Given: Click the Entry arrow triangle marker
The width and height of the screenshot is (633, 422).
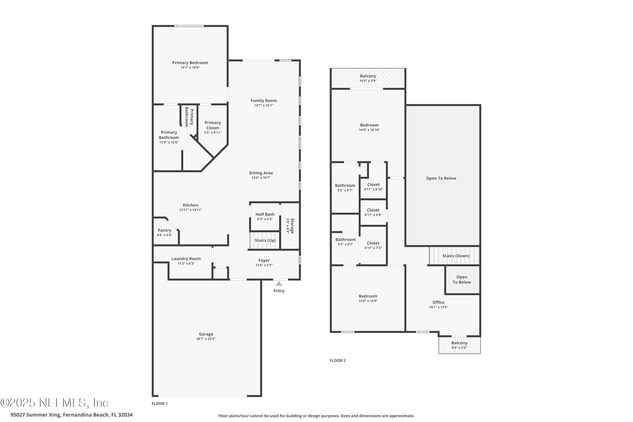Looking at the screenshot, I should click(279, 283).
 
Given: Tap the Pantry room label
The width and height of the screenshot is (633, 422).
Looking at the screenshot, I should click(164, 230).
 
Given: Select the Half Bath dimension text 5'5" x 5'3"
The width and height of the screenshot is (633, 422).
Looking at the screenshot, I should click(265, 219).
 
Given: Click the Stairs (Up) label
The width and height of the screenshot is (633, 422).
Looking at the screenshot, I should click(265, 240).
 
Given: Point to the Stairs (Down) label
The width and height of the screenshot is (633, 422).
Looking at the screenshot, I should click(456, 256).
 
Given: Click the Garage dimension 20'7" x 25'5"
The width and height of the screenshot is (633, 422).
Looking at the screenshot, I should click(206, 339).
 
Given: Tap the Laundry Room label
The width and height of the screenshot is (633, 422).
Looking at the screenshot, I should click(186, 259).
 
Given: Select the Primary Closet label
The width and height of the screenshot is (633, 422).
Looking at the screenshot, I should click(213, 125).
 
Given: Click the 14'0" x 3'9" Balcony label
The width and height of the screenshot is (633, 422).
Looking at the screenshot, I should click(368, 76).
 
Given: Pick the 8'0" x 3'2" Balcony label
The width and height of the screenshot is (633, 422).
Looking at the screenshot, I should click(459, 343).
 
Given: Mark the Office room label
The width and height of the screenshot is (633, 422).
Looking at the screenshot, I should click(438, 302).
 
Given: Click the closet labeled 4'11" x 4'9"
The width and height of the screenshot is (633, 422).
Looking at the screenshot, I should click(373, 210).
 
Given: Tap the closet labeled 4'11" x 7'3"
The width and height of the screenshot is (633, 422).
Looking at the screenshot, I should click(373, 243).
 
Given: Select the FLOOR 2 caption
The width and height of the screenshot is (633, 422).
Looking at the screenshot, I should click(337, 360).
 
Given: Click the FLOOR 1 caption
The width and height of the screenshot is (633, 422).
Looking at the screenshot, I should click(160, 403).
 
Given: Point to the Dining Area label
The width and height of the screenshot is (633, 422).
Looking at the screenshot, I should click(261, 173).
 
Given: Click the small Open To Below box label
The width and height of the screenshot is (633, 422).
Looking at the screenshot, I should click(462, 279).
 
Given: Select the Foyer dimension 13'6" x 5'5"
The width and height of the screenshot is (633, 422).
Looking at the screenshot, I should click(264, 265).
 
